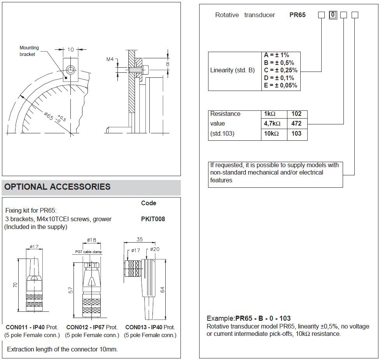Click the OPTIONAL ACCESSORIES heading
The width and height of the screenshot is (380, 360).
[x=58, y=187]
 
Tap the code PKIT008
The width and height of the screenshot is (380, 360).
[x=153, y=219]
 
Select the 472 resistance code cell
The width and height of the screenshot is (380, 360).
[x=297, y=124]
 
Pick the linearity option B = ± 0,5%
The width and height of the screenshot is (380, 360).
[x=279, y=63]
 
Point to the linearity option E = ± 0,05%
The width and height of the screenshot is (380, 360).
[x=280, y=86]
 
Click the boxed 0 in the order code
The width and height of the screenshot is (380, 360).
[x=333, y=15]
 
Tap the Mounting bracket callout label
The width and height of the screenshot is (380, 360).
[x=29, y=51]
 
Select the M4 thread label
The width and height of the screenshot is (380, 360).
[x=110, y=59]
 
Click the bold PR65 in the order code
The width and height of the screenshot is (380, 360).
[x=298, y=15]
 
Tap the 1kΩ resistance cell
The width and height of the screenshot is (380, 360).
[x=270, y=114]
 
